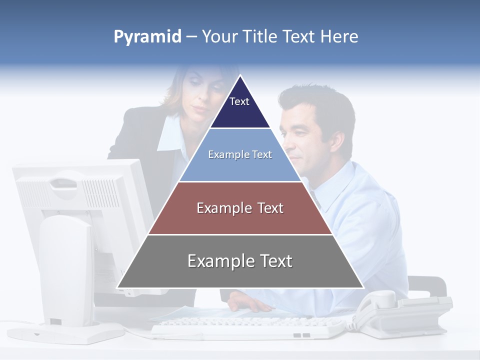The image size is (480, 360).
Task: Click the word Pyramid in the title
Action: click(x=147, y=37)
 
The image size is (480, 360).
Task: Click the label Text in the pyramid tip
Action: click(x=239, y=101)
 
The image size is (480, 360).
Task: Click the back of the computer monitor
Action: click(x=75, y=195)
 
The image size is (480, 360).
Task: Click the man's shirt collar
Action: click(x=320, y=187)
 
